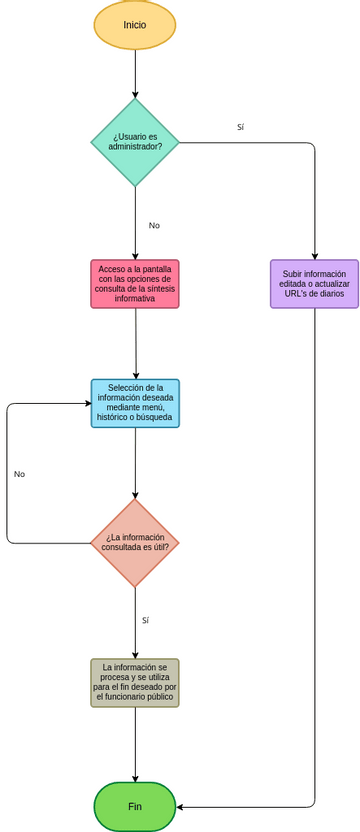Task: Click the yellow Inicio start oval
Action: pyautogui.click(x=135, y=25)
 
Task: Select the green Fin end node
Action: pyautogui.click(x=135, y=806)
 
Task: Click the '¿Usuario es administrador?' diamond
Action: pyautogui.click(x=135, y=142)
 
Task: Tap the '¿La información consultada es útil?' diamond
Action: pyautogui.click(x=135, y=543)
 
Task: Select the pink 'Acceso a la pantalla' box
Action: pyautogui.click(x=135, y=284)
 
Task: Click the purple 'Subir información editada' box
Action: pyautogui.click(x=314, y=284)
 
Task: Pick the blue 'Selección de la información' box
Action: pyautogui.click(x=135, y=403)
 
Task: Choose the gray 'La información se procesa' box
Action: pyautogui.click(x=135, y=682)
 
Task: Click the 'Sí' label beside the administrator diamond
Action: pyautogui.click(x=240, y=128)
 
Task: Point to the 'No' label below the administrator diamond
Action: pyautogui.click(x=154, y=226)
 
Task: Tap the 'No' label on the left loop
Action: pyautogui.click(x=19, y=474)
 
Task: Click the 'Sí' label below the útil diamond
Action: pyautogui.click(x=145, y=621)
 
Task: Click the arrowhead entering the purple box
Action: pyautogui.click(x=314, y=255)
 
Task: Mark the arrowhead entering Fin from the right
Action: pyautogui.click(x=181, y=807)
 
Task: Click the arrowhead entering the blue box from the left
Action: pyautogui.click(x=87, y=404)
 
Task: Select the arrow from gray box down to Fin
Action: pyautogui.click(x=135, y=744)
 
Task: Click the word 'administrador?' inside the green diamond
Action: pyautogui.click(x=135, y=147)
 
